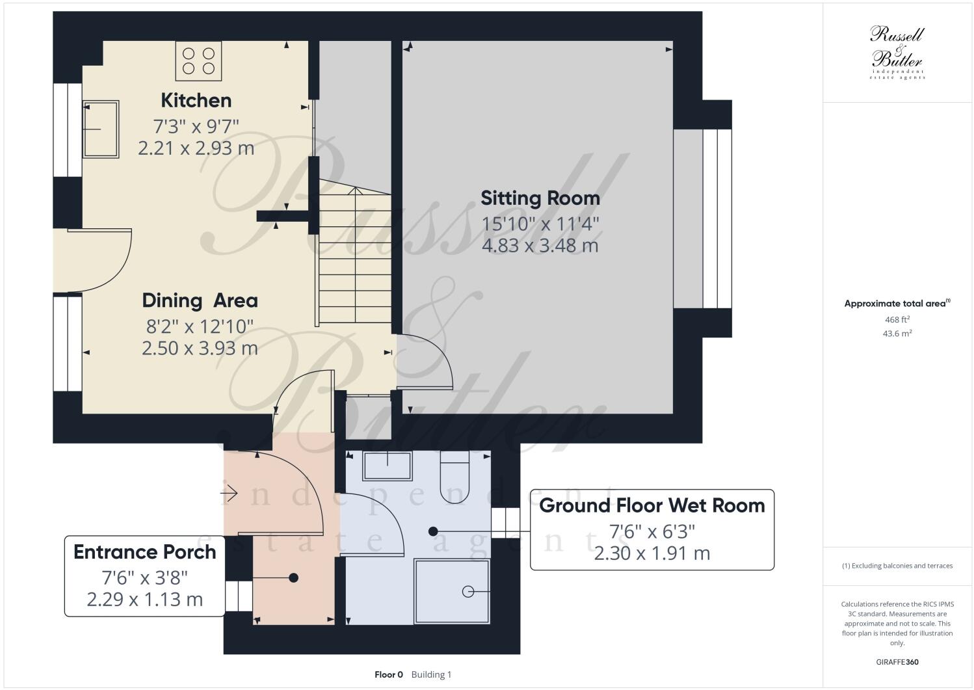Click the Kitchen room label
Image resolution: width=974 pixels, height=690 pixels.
coord(196,100)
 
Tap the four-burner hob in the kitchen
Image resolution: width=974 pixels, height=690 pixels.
coord(198,60)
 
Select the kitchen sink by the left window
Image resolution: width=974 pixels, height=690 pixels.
coord(101,129)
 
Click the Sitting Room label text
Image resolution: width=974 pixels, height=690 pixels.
coord(540,198)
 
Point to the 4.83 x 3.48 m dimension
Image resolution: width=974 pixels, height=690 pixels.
coord(540,246)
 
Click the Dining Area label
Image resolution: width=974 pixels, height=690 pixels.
coord(200,300)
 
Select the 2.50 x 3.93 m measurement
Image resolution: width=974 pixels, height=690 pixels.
coord(200,349)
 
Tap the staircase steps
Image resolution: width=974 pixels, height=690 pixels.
coord(354,260)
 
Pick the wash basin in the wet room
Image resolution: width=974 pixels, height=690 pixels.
coord(387,466)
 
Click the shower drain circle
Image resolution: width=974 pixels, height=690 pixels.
coord(467,591)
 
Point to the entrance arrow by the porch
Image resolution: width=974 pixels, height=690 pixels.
coord(229,494)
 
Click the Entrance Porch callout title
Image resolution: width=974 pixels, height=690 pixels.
coord(144,552)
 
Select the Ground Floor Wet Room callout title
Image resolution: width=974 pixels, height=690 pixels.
coord(652,505)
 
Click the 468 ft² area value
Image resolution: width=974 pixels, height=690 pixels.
coord(897,319)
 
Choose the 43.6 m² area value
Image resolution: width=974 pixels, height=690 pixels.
coord(897,333)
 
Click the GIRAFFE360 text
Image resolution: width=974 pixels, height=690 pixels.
coord(897,662)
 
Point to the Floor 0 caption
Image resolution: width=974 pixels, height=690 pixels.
coord(389,674)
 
